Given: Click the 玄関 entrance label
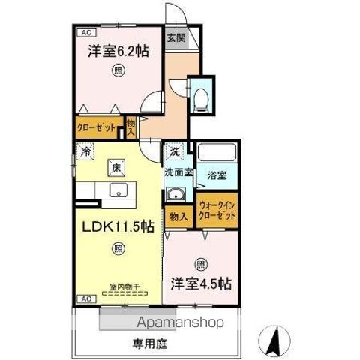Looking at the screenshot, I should coord(175,38).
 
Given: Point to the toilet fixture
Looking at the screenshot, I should coord(200,97).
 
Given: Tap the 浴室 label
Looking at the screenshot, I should coord(217,177).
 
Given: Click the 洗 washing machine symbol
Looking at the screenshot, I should coord(174,151).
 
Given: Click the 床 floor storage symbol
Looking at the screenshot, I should coord(116,167).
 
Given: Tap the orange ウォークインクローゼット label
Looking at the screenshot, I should coord(217,211).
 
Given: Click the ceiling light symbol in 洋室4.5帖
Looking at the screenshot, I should coord(200,263).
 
